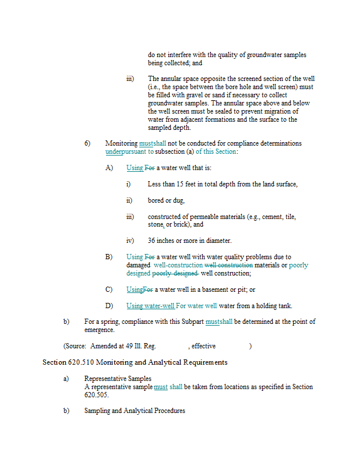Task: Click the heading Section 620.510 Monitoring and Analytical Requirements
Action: coord(135,362)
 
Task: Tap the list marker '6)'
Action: coord(87,143)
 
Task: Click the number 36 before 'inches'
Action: coord(152,240)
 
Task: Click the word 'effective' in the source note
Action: coord(203,346)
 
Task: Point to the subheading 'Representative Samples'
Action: coord(118,379)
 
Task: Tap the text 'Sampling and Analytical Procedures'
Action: coord(135,411)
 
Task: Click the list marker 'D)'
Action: coord(109,306)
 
